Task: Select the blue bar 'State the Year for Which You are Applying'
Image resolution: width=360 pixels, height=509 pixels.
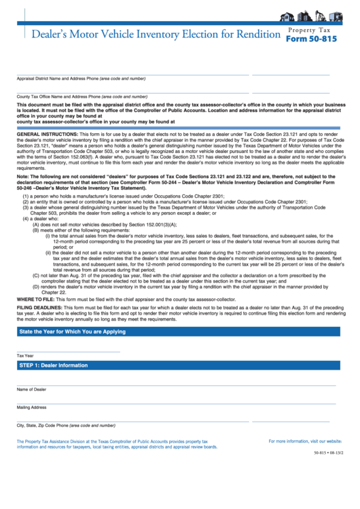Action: [x=73, y=332]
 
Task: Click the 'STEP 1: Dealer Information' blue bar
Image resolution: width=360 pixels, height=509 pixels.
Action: [x=54, y=365]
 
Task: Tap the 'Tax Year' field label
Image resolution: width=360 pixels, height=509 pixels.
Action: [x=25, y=355]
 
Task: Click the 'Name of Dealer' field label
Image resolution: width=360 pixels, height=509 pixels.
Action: [x=32, y=389]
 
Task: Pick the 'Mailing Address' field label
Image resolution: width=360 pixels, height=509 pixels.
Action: [x=32, y=407]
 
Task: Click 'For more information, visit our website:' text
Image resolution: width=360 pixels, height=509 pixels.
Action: [x=305, y=441]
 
